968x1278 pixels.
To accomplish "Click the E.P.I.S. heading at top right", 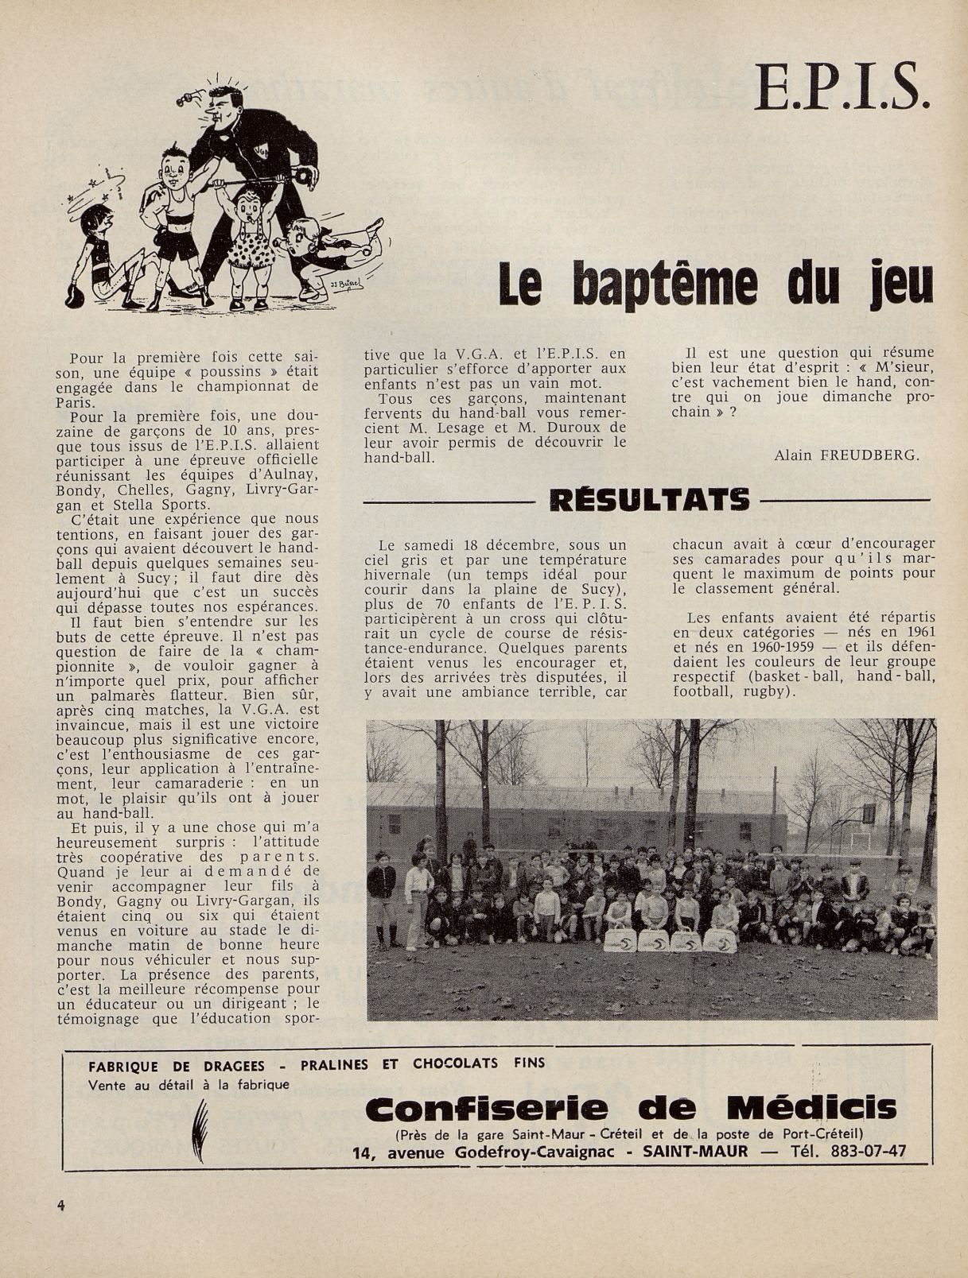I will (x=842, y=87).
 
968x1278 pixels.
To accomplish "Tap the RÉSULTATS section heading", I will (x=649, y=500).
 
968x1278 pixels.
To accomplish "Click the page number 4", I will (x=61, y=1203).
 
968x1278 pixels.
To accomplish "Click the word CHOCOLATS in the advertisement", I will (x=455, y=1063).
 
